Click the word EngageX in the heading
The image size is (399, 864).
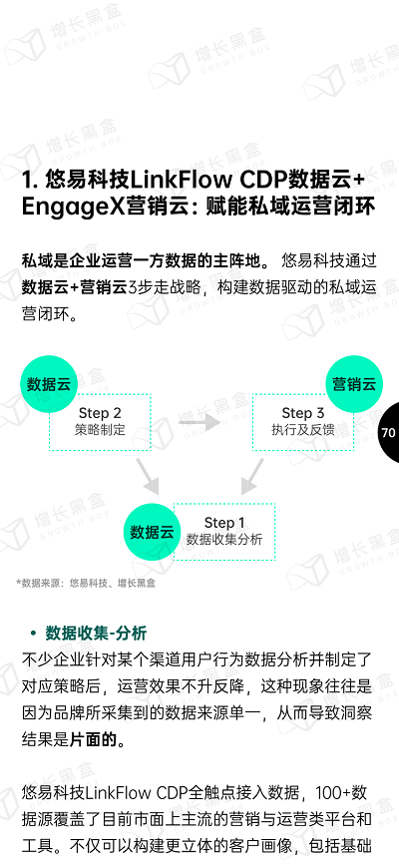point(73,208)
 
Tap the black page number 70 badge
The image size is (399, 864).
point(388,433)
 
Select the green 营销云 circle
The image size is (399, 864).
point(354,384)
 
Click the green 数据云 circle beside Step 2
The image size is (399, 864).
point(49,384)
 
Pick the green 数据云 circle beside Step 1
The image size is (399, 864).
point(152,532)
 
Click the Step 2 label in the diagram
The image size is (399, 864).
point(100,413)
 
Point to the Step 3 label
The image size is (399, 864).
point(302,413)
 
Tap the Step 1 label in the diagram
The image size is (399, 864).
point(224,523)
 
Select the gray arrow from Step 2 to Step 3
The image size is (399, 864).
point(199,423)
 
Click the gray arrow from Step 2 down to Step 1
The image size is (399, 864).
point(148,476)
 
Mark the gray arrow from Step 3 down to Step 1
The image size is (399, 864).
point(251,476)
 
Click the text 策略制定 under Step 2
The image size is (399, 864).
point(100,430)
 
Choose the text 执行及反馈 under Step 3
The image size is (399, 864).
point(302,430)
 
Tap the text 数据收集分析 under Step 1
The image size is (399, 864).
point(224,539)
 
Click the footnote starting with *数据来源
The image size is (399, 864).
point(86,583)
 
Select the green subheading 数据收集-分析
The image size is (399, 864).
point(96,634)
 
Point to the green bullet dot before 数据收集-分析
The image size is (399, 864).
point(33,634)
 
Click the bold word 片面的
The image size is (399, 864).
point(94,739)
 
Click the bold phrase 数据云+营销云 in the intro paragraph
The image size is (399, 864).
point(75,287)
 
